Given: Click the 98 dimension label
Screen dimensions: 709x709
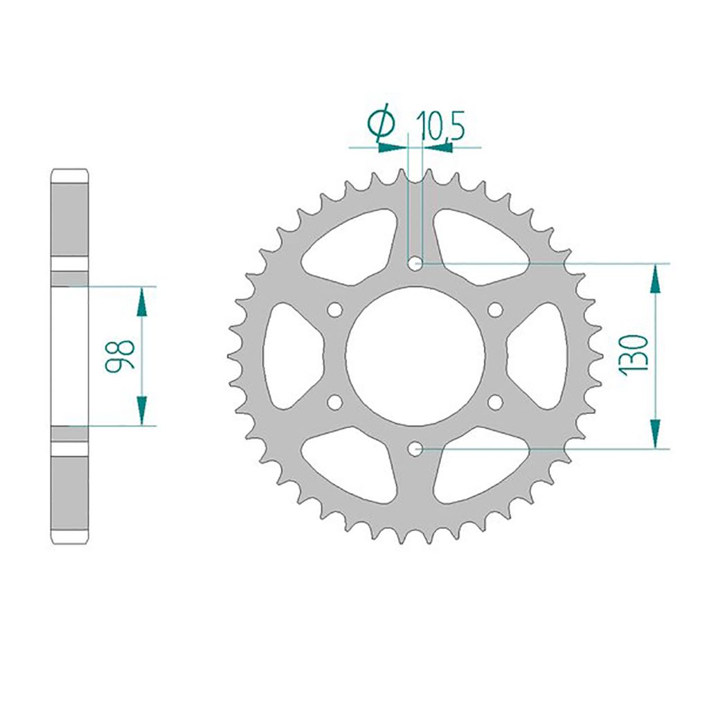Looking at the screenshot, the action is point(120,355).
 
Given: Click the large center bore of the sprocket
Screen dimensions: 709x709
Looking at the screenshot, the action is point(415,356).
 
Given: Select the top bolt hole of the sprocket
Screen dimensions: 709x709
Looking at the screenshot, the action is point(415,263).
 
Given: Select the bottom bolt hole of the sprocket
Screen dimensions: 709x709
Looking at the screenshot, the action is point(415,449).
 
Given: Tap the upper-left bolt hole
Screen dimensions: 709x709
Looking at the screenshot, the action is point(335,309).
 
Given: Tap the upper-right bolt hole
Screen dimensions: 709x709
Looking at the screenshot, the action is point(496,309).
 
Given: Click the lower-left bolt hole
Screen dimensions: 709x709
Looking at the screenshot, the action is point(335,402).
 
